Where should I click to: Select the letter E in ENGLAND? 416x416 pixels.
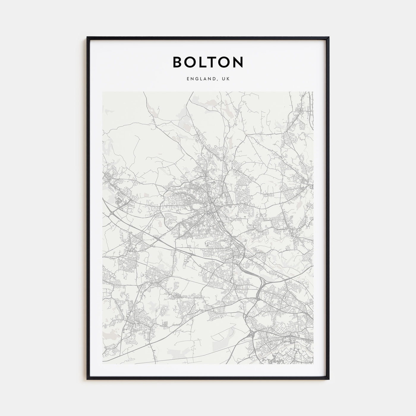click(x=188, y=79)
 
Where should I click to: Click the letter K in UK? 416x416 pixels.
click(x=228, y=79)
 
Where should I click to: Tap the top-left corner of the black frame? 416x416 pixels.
click(x=87, y=37)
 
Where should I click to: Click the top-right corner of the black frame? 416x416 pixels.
click(x=329, y=37)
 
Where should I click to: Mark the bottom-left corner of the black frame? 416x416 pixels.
click(x=87, y=379)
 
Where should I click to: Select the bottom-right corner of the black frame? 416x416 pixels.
click(x=329, y=379)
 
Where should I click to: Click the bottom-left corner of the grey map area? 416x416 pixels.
click(x=103, y=364)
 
